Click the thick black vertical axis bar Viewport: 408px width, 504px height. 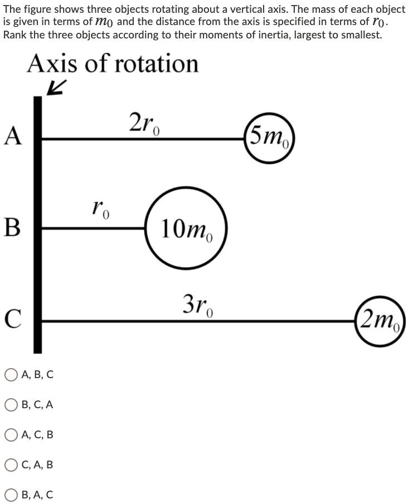[x=38, y=223]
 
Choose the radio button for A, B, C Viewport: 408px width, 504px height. [x=11, y=375]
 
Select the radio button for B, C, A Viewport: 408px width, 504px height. [x=11, y=405]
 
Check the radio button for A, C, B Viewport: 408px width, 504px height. [x=11, y=434]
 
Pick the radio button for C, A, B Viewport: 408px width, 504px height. [x=11, y=464]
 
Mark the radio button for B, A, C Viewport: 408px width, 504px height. [x=11, y=495]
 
